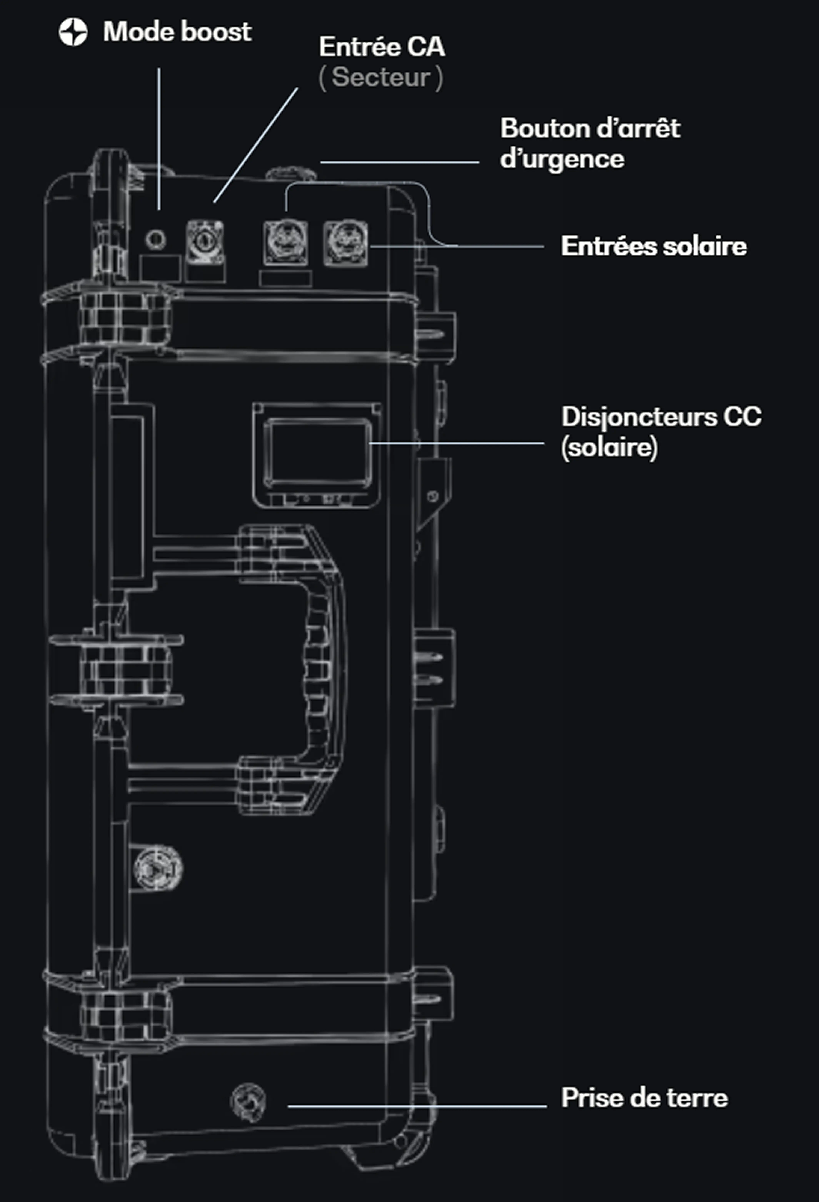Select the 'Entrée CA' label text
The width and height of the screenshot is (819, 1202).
(x=382, y=47)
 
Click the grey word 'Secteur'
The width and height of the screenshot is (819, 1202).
(x=381, y=78)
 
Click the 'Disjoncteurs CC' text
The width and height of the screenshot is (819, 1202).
(x=661, y=417)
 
